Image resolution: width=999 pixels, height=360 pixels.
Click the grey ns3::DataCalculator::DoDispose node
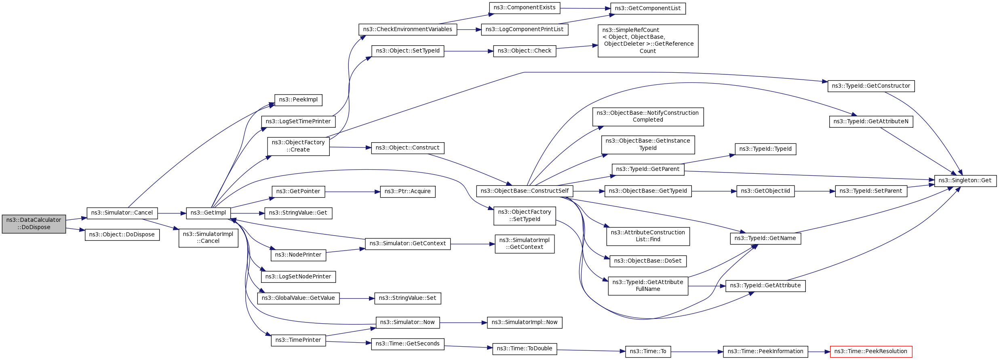[34, 224]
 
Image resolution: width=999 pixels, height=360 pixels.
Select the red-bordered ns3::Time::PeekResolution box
[871, 352]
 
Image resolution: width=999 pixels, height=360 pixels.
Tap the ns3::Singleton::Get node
[965, 181]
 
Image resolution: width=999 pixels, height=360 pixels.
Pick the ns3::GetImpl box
[209, 213]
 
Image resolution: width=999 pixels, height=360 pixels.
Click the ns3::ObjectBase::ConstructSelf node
[525, 191]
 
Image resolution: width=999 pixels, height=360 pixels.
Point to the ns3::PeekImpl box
[298, 100]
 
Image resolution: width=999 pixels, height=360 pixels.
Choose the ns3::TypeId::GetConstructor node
[871, 86]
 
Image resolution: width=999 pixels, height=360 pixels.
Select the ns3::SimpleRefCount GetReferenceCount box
[648, 41]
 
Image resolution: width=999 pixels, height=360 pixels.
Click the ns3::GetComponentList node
[648, 8]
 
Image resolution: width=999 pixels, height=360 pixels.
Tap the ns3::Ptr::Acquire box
[407, 192]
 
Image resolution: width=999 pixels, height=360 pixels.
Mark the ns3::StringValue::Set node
[407, 298]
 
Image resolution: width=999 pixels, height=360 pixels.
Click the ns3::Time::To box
[648, 352]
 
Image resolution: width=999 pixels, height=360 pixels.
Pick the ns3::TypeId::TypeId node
[765, 149]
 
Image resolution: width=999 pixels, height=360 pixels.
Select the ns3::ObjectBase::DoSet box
[648, 261]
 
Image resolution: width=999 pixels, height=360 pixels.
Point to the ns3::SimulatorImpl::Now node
[525, 322]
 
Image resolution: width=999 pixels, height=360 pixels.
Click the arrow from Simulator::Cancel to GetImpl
[172, 213]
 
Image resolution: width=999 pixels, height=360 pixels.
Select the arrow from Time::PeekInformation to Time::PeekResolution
[819, 352]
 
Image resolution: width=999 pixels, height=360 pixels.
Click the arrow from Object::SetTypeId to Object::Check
[468, 51]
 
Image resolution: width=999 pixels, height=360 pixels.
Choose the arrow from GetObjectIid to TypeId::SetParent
[815, 191]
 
